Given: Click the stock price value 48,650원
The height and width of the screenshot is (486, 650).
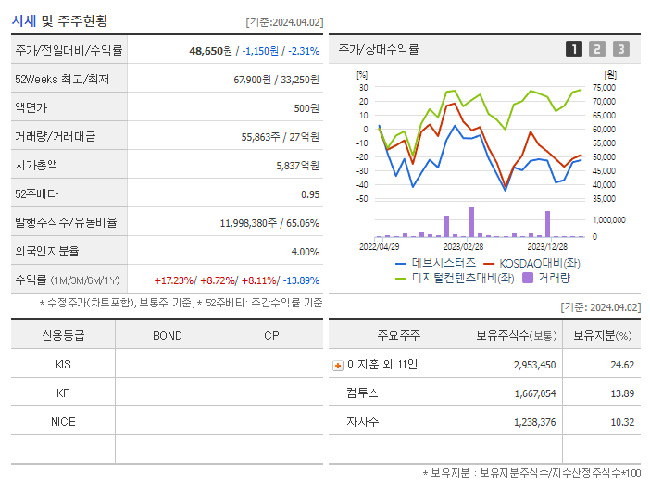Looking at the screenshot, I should (209, 51).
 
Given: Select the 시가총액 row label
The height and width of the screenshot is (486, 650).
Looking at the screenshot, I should (36, 166).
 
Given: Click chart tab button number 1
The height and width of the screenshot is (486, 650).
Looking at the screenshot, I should (574, 49).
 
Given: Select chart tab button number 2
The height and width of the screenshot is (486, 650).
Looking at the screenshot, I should (597, 49).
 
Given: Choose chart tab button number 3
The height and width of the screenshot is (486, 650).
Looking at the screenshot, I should (620, 49).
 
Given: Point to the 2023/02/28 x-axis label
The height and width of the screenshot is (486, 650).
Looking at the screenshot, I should (463, 247).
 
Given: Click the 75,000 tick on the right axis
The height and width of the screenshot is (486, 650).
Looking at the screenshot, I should (604, 88).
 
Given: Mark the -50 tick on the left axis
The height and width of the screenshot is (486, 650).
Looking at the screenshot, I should (363, 199).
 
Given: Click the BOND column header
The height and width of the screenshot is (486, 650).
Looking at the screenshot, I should (167, 335).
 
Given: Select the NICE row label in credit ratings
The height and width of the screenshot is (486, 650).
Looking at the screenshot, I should (63, 421).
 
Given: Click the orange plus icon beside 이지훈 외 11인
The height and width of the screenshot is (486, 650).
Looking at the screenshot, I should (337, 366).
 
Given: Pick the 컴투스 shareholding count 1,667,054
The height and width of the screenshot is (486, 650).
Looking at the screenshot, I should (534, 393).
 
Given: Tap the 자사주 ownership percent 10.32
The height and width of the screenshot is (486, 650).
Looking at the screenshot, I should (622, 422).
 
